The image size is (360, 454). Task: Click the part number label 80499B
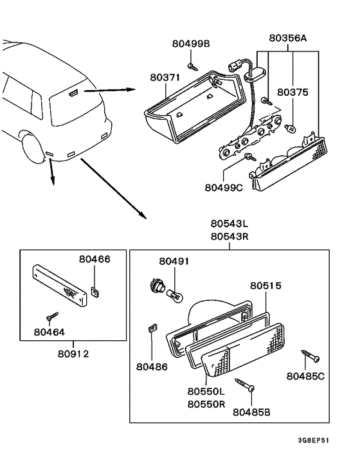click(x=191, y=44)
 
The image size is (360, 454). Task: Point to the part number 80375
click(x=293, y=93)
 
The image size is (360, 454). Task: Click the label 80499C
click(x=224, y=188)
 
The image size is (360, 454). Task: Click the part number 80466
click(x=94, y=259)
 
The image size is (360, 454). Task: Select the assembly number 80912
click(x=73, y=353)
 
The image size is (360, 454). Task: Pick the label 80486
click(x=152, y=367)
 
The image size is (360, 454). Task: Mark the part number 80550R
click(x=206, y=404)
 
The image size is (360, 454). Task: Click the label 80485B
click(x=252, y=411)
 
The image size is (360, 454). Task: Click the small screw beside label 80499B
click(x=192, y=65)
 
